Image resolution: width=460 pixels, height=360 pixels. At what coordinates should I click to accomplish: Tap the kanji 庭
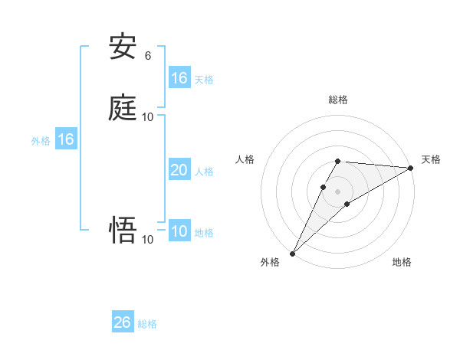click(123, 108)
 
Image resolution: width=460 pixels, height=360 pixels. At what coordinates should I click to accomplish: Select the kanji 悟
click(123, 231)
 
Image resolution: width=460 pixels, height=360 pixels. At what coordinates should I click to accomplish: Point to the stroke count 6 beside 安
click(148, 55)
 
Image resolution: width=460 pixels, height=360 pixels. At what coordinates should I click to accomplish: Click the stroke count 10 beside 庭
click(148, 116)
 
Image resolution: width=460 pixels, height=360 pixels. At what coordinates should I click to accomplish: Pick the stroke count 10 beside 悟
click(148, 240)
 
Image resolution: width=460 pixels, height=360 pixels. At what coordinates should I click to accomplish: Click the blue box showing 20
click(179, 170)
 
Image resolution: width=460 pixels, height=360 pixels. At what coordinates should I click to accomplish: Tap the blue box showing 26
click(123, 322)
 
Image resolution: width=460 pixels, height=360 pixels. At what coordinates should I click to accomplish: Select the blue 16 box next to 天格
click(179, 78)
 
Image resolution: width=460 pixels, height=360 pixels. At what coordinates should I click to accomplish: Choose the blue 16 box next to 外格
click(66, 139)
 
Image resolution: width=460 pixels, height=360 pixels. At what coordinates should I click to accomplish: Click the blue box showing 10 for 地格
click(179, 231)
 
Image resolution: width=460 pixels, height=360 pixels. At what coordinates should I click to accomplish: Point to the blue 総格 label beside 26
click(147, 324)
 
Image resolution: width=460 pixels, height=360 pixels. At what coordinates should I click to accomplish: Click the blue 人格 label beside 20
click(204, 172)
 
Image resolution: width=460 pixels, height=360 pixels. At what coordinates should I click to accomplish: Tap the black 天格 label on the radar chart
click(431, 159)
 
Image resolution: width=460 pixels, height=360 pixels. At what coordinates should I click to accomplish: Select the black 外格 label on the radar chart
click(270, 263)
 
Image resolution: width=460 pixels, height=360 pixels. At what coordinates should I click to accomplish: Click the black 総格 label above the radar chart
click(338, 100)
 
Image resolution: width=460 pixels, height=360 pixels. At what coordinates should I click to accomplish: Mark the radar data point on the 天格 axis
click(410, 168)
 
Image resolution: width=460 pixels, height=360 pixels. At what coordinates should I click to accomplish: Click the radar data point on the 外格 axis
click(292, 254)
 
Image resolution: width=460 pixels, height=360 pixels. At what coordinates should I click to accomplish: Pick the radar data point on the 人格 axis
click(324, 187)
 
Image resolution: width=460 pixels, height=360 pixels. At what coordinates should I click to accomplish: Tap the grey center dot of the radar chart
click(338, 191)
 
